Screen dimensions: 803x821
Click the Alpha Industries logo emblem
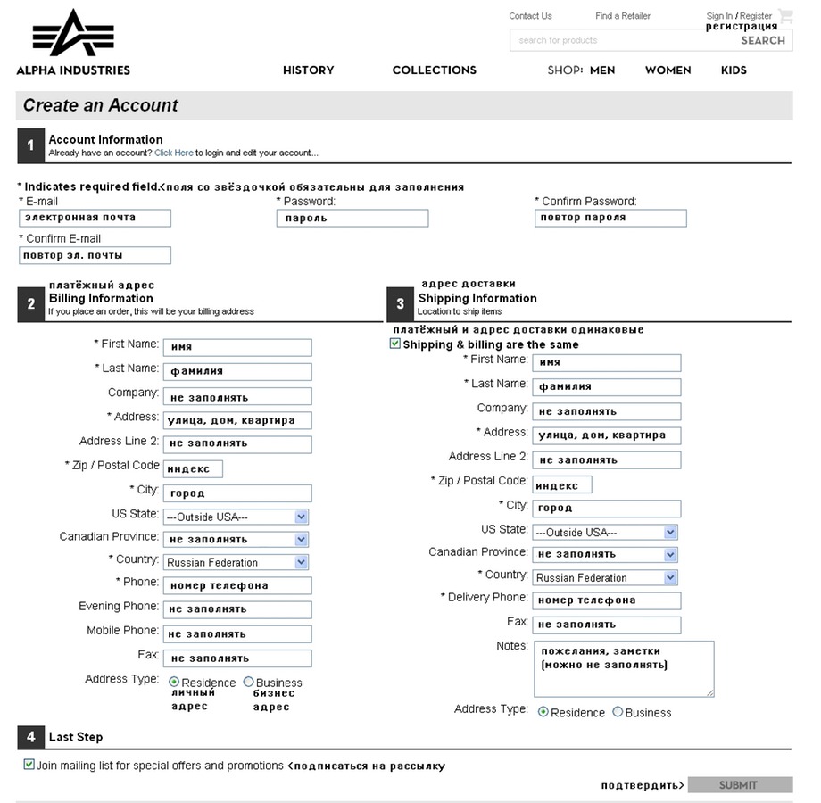click(73, 34)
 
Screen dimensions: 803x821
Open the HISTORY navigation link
click(308, 70)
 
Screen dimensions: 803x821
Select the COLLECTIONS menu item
click(434, 70)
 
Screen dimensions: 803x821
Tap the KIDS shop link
click(734, 70)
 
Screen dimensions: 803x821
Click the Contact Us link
click(530, 16)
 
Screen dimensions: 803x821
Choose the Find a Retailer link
click(623, 16)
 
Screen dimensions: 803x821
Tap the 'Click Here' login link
click(173, 153)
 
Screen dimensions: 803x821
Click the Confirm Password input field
click(610, 218)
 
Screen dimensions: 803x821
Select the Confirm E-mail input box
click(95, 255)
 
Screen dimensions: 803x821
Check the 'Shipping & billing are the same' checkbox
click(395, 344)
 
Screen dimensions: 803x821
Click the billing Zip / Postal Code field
click(193, 468)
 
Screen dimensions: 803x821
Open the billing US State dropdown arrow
click(302, 517)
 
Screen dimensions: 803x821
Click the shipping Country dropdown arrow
click(671, 577)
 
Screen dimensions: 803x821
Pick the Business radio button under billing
click(248, 682)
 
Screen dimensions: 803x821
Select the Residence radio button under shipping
click(543, 712)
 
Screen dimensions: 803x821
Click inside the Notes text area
click(624, 668)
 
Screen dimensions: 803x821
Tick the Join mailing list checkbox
click(29, 765)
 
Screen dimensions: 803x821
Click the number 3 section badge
click(400, 304)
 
